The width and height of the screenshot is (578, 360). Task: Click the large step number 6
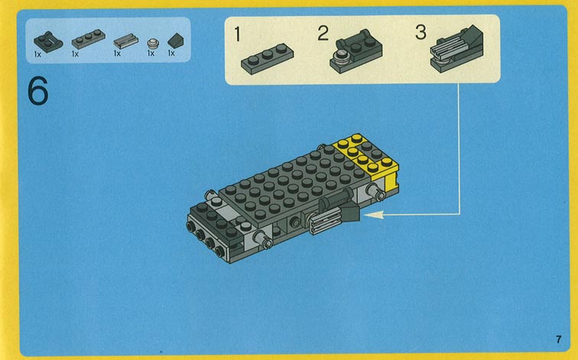coord(37,90)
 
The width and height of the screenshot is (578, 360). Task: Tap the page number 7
coord(559,339)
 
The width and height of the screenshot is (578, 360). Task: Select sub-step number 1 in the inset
coord(237,34)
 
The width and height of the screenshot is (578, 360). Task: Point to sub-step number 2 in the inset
coord(323,33)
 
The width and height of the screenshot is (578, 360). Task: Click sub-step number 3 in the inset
coord(421,32)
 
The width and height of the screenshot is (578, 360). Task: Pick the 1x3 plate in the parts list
coord(89,39)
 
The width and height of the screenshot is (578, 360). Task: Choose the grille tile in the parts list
coord(125,41)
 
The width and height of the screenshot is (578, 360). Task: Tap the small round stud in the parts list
coord(153,44)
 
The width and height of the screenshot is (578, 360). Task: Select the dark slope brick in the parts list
coord(176,41)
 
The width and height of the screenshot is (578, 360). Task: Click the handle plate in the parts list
coord(48,41)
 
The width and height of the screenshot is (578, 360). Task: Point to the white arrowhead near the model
coord(373,214)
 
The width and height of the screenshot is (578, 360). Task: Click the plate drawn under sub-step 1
coord(268,59)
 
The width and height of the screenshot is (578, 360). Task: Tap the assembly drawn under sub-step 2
coord(356,51)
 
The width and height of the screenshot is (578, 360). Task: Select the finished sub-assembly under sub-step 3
coord(456,49)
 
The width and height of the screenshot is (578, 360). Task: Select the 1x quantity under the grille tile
coord(117,54)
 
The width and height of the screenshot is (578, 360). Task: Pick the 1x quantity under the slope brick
coord(171,53)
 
